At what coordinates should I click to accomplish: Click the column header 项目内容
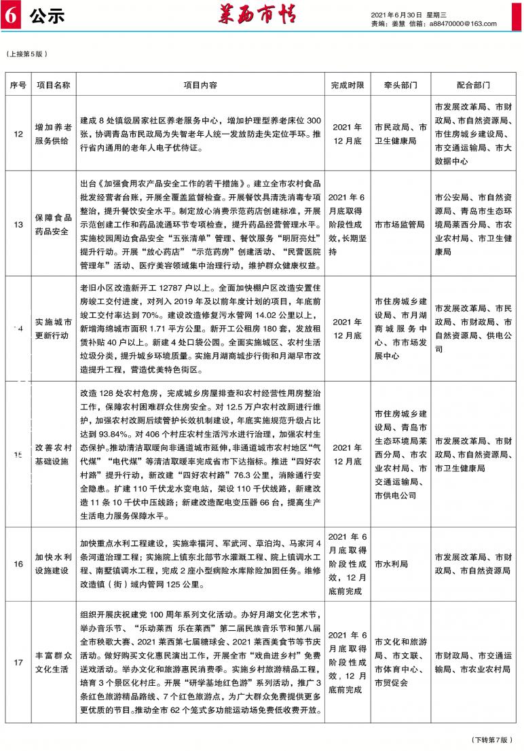point(200,86)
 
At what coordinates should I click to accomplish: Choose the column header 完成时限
point(348,86)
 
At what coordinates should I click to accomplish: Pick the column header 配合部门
point(473,86)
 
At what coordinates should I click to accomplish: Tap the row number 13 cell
point(18,225)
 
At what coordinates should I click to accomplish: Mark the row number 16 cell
point(18,564)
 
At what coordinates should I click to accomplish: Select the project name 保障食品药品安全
point(52,225)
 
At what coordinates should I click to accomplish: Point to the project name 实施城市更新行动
point(52,329)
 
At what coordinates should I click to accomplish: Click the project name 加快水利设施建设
point(52,564)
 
